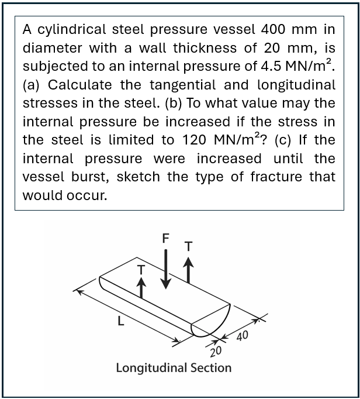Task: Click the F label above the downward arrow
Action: point(165,239)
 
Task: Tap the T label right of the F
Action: point(188,247)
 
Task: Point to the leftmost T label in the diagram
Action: point(140,268)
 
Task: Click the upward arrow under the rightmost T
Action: point(188,272)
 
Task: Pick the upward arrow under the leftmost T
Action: point(140,288)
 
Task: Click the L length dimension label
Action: point(120,321)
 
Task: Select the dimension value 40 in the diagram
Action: point(243,336)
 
